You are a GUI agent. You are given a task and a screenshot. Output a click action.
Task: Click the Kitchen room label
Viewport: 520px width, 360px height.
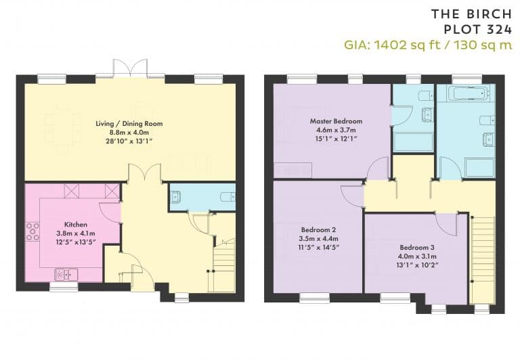point(76,225)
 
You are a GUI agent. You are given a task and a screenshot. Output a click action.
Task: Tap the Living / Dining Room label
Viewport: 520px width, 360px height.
point(129,124)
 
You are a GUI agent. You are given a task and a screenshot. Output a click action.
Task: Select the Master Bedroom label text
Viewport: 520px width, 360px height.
point(336,121)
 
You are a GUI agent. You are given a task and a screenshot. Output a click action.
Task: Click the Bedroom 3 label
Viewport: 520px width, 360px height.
point(417,248)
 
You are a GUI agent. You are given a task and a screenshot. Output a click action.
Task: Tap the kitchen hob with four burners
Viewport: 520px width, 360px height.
point(32,231)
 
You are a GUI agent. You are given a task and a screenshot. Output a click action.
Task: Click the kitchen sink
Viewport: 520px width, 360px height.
point(66,275)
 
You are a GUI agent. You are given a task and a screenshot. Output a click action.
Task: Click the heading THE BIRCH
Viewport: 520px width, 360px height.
point(471,14)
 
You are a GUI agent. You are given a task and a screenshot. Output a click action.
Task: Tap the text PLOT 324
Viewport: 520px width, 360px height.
point(478,30)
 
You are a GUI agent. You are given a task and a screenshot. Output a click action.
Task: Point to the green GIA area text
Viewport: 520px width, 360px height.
point(428,45)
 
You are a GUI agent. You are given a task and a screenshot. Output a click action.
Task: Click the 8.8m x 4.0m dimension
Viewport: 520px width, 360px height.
point(129,133)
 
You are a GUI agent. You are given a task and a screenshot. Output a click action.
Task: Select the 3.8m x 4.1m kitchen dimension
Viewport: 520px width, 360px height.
point(76,233)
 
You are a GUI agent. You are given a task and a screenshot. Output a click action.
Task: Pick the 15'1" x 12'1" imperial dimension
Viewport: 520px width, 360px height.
point(336,139)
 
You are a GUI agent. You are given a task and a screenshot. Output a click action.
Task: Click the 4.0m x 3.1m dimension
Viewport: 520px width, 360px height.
point(417,256)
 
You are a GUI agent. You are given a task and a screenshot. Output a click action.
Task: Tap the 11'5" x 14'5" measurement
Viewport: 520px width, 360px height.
point(319,247)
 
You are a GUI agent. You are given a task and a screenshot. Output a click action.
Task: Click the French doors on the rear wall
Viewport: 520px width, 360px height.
point(130,69)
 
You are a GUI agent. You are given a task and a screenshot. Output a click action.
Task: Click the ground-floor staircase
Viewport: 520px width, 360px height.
point(224,265)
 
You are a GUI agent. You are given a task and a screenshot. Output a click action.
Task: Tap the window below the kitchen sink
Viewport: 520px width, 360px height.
point(64,287)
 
